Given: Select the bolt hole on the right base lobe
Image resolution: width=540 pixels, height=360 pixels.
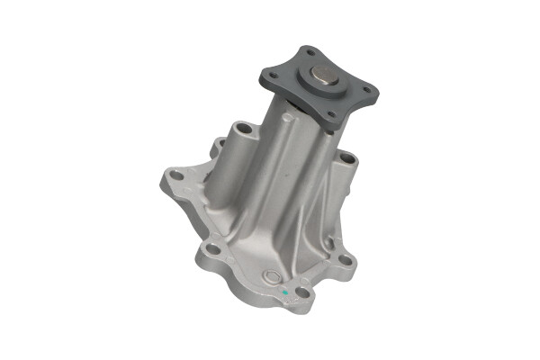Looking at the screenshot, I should pyautogui.click(x=346, y=262).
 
